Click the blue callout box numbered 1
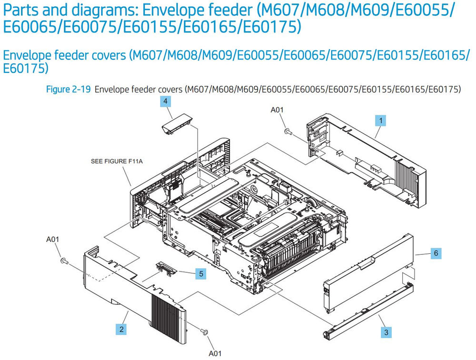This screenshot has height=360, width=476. [x=379, y=120]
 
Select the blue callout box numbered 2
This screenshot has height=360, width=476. [x=122, y=328]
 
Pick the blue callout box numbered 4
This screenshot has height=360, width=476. [x=165, y=101]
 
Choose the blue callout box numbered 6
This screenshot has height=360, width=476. [x=436, y=253]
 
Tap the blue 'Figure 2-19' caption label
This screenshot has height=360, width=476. [x=68, y=90]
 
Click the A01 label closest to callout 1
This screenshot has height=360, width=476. [x=277, y=110]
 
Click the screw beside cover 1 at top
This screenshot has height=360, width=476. [x=287, y=131]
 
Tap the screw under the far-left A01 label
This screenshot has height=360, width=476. [x=64, y=260]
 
